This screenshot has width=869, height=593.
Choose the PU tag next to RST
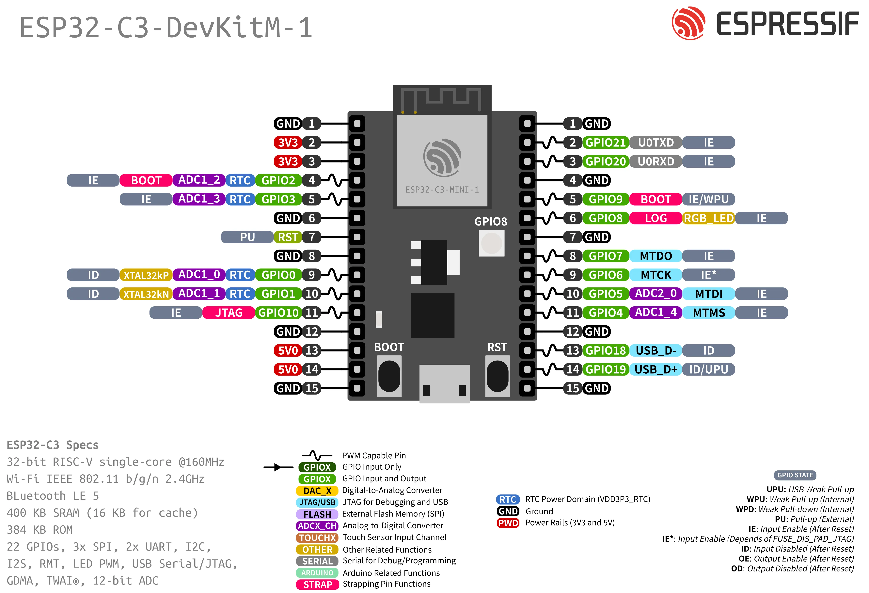pyautogui.click(x=247, y=237)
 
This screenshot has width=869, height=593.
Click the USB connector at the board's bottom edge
pyautogui.click(x=444, y=383)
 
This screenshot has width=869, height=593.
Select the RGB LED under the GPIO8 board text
pyautogui.click(x=491, y=243)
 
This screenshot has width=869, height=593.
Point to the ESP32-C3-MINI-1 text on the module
pyautogui.click(x=442, y=190)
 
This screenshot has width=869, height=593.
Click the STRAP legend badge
pyautogui.click(x=317, y=584)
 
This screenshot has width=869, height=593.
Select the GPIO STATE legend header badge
pyautogui.click(x=795, y=475)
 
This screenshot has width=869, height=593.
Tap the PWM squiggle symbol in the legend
pyautogui.click(x=317, y=455)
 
